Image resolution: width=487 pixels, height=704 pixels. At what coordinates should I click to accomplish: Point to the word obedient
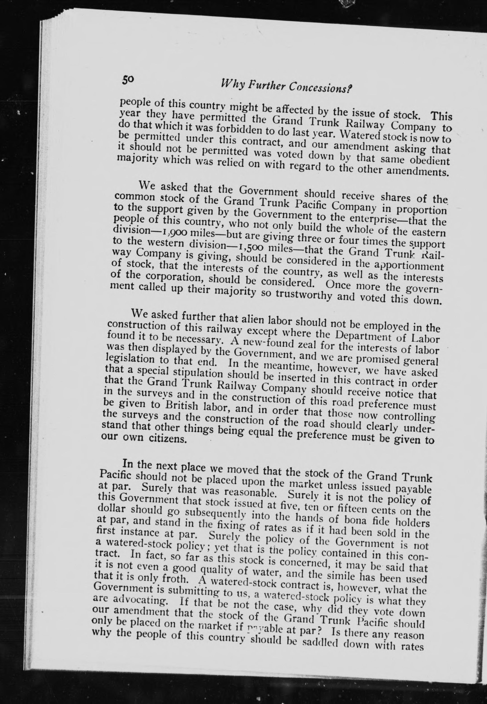[430, 160]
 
